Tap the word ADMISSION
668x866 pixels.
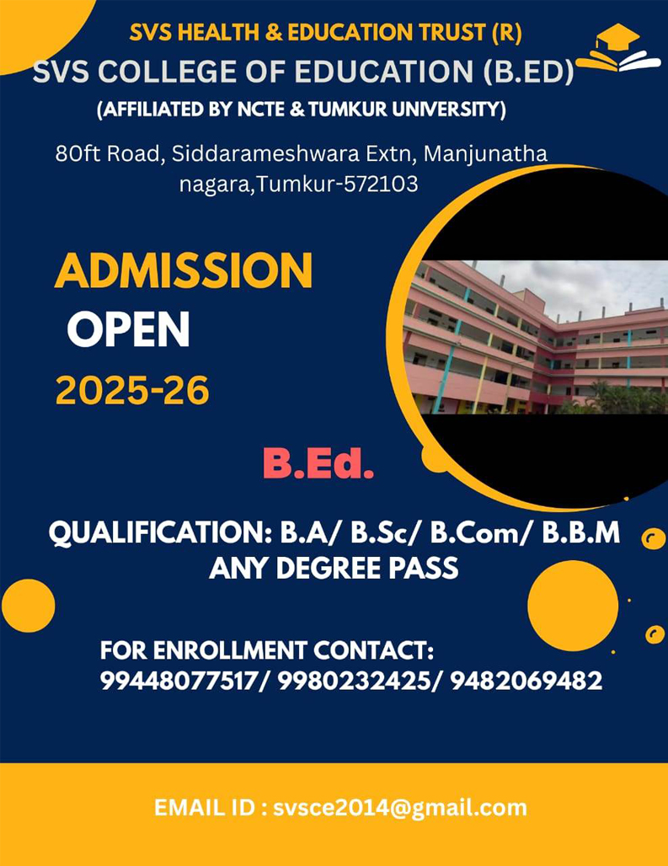(184, 272)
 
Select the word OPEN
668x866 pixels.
(129, 331)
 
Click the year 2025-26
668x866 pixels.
(132, 391)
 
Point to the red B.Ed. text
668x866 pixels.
(318, 464)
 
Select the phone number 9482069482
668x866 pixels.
(526, 681)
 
